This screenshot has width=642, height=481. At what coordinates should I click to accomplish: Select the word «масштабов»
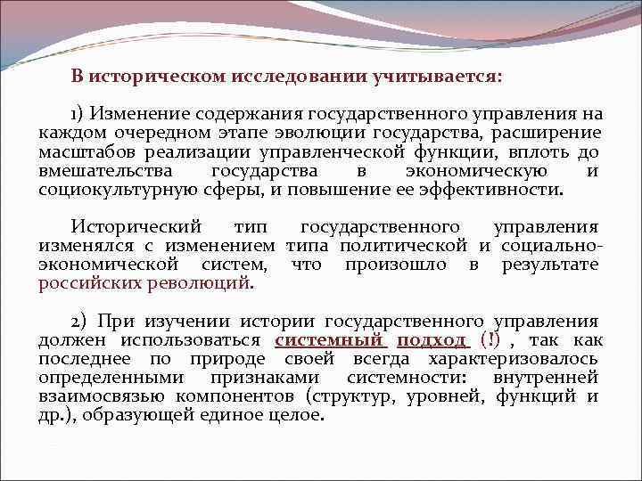(82, 152)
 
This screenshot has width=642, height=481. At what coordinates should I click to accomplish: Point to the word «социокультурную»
(113, 190)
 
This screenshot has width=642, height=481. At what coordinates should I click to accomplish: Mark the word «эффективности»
(496, 190)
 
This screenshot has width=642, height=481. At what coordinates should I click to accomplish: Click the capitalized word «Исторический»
(136, 227)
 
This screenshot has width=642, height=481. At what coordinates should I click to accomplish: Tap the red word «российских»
(90, 283)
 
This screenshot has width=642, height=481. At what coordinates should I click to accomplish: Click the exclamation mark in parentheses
(488, 340)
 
